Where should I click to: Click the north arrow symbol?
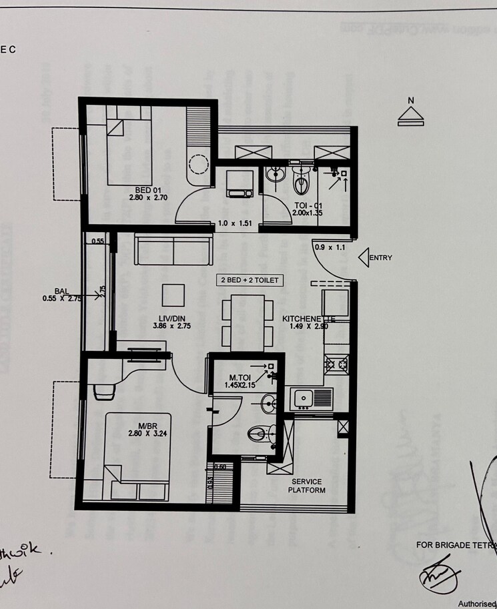point(411,115)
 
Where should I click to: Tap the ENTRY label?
point(380,258)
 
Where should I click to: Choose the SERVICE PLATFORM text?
point(306,486)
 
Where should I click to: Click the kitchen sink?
point(312,399)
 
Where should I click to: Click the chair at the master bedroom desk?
point(104,392)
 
